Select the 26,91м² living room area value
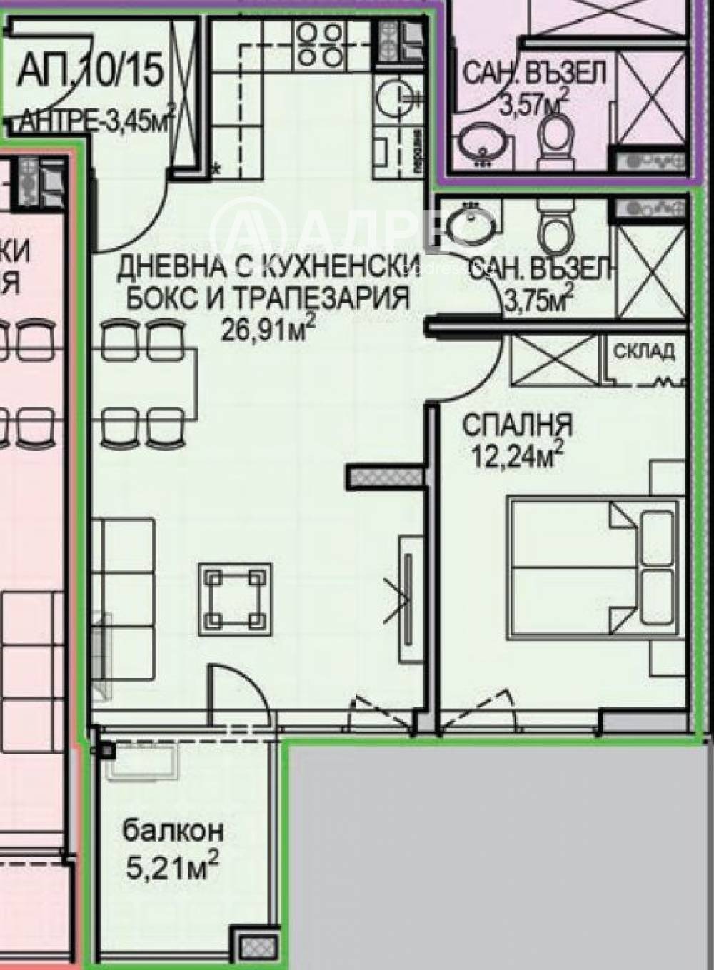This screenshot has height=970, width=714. click(x=268, y=330)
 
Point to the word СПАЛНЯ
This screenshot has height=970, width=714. click(x=517, y=426)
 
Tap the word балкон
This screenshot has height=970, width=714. click(x=173, y=830)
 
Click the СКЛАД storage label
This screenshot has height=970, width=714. click(x=644, y=351)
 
